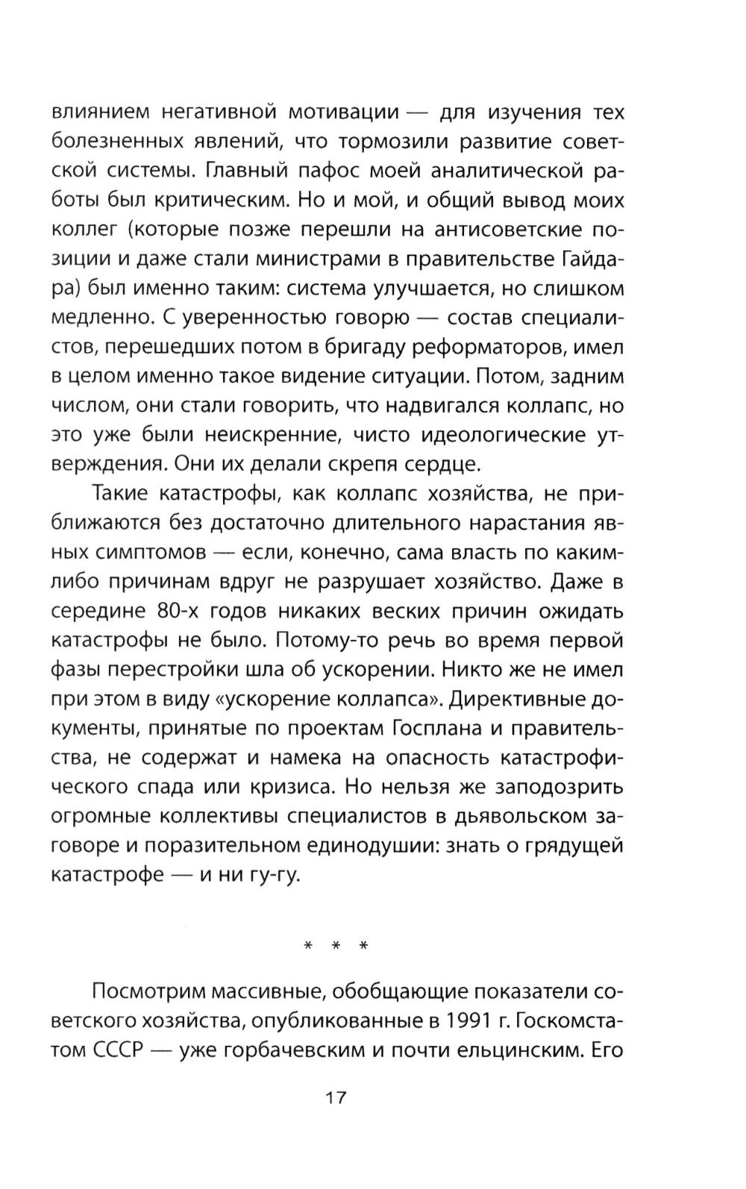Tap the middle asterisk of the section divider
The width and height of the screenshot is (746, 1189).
tap(336, 947)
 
